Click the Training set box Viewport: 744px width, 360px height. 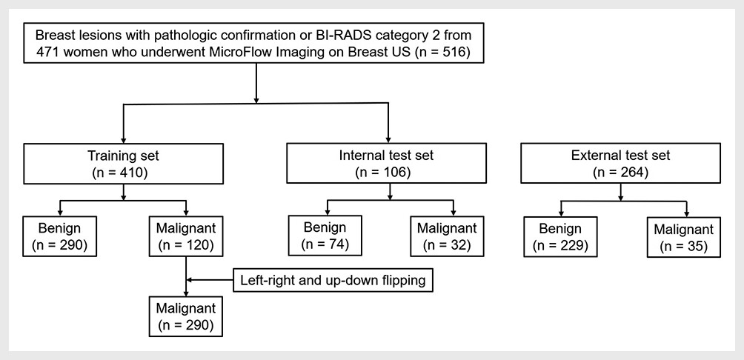[x=123, y=163]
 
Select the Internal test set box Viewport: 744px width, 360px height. [x=386, y=163]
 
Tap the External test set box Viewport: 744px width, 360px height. [x=621, y=163]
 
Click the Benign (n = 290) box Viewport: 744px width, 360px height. [x=59, y=236]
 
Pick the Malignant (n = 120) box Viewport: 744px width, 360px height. [x=185, y=236]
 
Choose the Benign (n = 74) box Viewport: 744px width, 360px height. [x=325, y=236]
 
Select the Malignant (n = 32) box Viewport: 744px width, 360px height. [x=447, y=236]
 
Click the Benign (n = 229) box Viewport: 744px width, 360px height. [x=560, y=237]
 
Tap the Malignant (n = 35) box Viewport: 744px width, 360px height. [x=684, y=237]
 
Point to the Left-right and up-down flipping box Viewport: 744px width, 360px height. [x=333, y=280]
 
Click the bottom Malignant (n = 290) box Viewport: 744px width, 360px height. [x=185, y=316]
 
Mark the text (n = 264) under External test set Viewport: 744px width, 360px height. [x=621, y=172]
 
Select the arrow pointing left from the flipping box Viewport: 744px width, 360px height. [x=210, y=280]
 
